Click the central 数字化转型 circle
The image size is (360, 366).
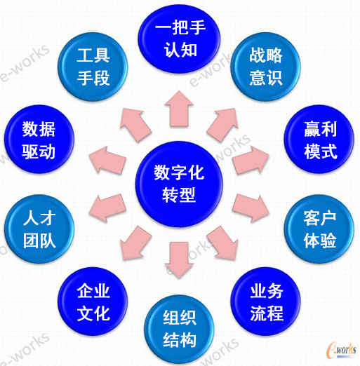tap(179, 184)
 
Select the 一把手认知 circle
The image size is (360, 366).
tap(179, 39)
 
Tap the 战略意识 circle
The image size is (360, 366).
tap(265, 67)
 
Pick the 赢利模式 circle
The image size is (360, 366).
tap(319, 140)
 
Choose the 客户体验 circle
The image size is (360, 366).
tap(319, 229)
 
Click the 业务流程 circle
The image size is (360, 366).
tap(265, 301)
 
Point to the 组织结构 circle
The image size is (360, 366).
tap(180, 330)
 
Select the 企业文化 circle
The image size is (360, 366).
tap(93, 301)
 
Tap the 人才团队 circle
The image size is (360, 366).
tap(39, 229)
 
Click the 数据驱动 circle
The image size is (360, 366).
tap(39, 140)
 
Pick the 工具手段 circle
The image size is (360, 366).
tap(93, 67)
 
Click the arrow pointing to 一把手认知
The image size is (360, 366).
tap(179, 109)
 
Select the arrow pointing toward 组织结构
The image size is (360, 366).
tap(179, 260)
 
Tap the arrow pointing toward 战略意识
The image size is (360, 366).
tap(222, 124)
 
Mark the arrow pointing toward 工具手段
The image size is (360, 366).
tap(135, 124)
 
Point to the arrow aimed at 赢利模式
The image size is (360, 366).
tap(251, 161)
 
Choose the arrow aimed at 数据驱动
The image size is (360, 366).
tap(107, 161)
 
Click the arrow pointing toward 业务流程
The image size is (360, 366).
tap(222, 243)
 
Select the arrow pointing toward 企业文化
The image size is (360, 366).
tap(135, 243)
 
